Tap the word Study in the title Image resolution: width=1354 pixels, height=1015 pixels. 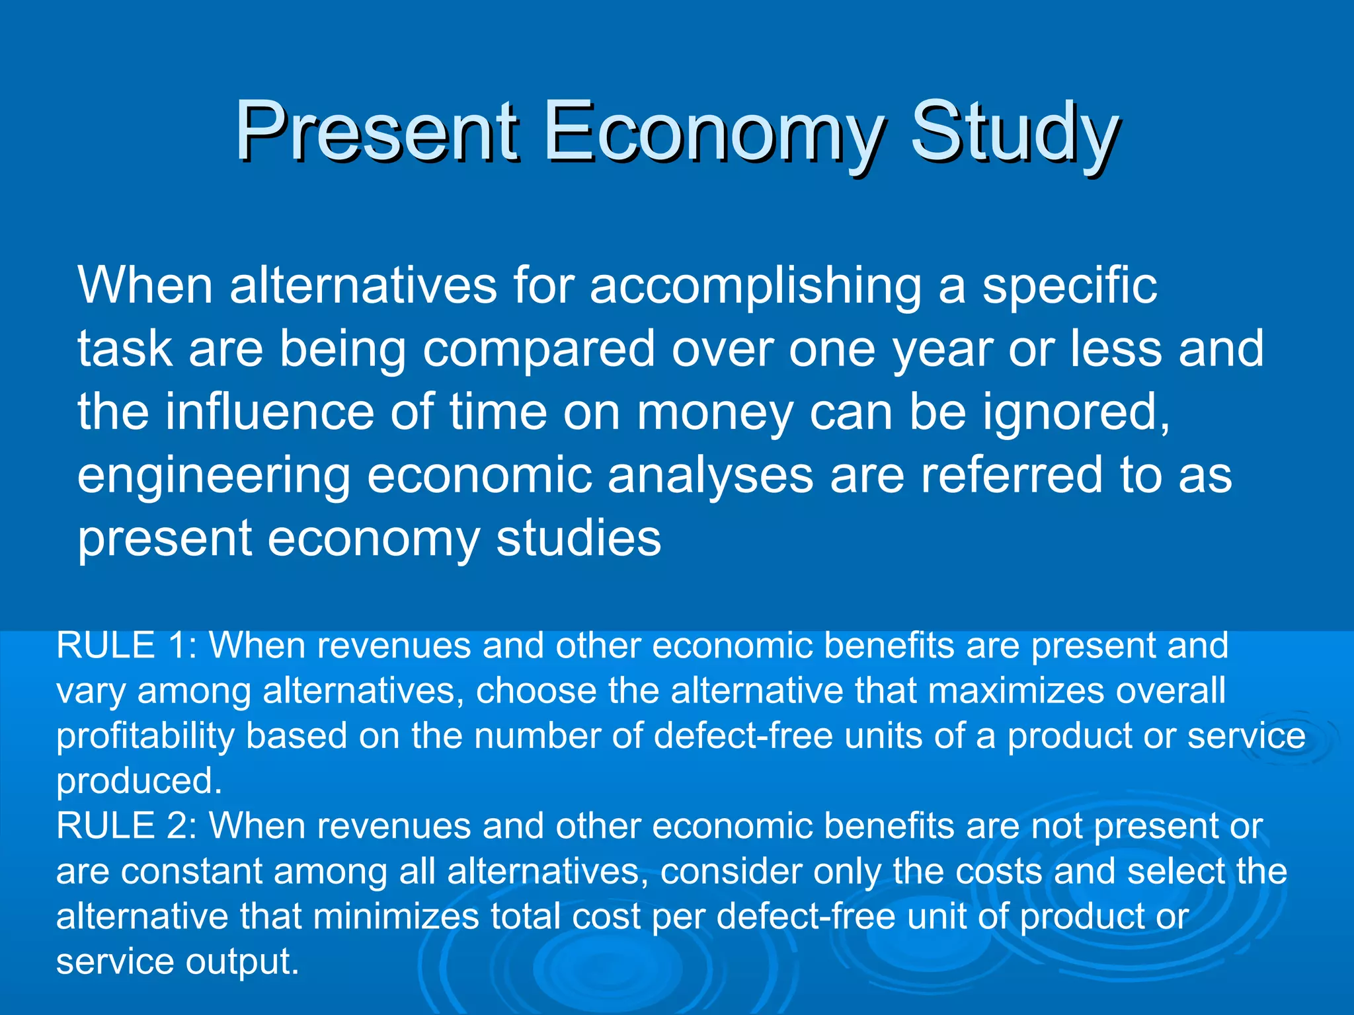click(1014, 132)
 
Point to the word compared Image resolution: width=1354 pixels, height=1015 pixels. click(538, 350)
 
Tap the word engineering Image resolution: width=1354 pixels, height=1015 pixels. click(214, 476)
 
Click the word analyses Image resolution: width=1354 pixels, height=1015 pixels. click(710, 475)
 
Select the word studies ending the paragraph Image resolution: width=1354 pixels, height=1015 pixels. click(578, 538)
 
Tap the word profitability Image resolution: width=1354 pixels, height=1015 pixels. click(145, 736)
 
